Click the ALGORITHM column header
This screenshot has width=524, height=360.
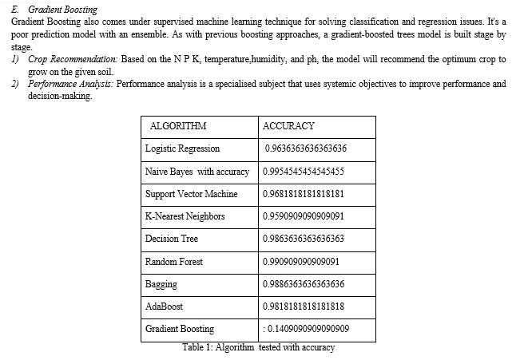click(178, 126)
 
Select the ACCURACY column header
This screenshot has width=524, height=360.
click(288, 126)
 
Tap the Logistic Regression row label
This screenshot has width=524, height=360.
click(182, 148)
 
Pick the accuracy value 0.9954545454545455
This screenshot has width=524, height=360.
click(303, 172)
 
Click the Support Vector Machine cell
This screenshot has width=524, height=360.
click(191, 194)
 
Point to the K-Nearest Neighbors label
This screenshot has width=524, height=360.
click(185, 216)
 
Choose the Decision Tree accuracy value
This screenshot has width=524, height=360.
click(303, 239)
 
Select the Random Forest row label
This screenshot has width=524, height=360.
click(174, 262)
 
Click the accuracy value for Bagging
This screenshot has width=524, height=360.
click(304, 284)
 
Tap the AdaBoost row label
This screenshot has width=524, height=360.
click(164, 307)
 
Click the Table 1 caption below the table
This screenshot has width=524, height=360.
click(258, 347)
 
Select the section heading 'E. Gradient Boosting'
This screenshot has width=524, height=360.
click(54, 10)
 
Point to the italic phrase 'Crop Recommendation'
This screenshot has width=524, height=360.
click(73, 59)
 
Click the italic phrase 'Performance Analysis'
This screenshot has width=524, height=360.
click(70, 84)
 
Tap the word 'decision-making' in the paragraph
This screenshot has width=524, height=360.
click(60, 96)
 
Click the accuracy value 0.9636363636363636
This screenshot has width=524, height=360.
click(305, 148)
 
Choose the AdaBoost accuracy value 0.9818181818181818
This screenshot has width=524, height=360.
click(303, 307)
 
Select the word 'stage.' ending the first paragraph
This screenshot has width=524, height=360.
click(22, 47)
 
